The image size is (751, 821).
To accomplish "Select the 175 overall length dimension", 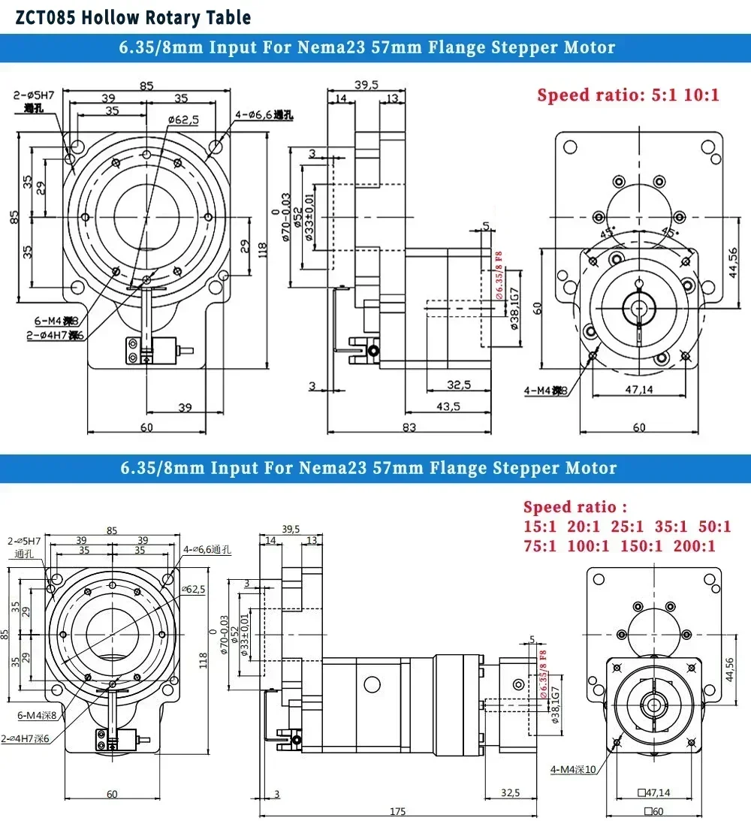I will coord(398,811).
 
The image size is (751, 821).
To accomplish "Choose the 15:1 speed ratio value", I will coord(540,527).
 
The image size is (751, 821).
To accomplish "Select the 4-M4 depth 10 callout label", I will coord(573,768).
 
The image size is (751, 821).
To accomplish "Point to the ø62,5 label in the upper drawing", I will coord(182,119).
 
